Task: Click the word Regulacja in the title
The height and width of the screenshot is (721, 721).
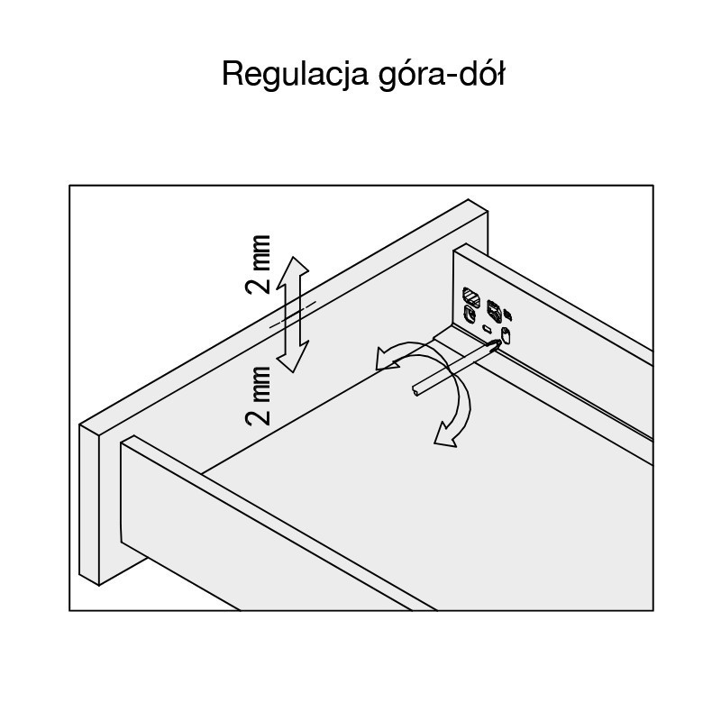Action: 295,74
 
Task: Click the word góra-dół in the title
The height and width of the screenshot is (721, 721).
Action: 442,74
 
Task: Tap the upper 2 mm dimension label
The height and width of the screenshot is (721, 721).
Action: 258,264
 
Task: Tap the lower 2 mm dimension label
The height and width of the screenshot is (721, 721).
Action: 258,396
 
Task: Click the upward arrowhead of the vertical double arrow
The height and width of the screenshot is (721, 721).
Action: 293,271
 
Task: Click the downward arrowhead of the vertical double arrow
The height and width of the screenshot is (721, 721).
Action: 293,357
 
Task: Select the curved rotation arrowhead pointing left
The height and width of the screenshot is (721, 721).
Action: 386,359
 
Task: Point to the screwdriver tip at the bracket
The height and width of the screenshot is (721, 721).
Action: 497,342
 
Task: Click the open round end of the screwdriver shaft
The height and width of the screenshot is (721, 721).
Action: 415,391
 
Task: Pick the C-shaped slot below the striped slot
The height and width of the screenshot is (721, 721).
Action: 470,315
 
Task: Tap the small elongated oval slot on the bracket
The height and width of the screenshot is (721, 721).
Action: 487,328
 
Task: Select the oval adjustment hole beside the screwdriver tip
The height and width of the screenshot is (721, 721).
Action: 507,336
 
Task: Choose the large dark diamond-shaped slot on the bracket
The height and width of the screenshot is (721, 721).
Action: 494,311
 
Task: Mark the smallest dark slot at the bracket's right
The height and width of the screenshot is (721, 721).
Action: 508,315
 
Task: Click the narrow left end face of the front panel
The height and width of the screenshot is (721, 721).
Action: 89,505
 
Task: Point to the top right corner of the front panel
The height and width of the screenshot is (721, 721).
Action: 488,211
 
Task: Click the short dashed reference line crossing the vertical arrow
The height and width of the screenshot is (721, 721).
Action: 293,315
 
